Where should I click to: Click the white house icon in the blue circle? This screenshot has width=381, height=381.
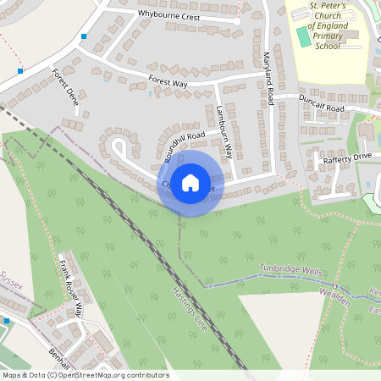tap(190, 182)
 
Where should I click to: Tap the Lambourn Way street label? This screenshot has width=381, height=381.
tap(224, 132)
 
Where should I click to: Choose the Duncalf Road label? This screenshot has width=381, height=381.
tap(322, 104)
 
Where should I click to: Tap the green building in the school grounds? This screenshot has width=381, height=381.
tap(304, 37)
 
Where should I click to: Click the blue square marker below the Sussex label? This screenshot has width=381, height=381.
tap(6, 320)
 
